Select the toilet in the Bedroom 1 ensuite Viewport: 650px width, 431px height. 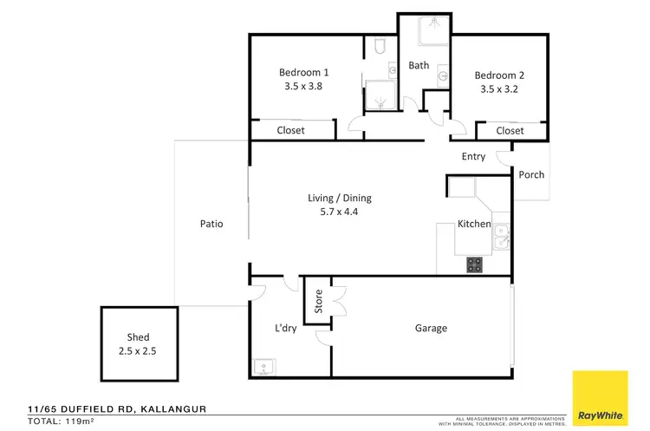tap(380, 46)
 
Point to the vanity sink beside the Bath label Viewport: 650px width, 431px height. tap(444, 75)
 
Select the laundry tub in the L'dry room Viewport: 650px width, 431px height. tap(263, 367)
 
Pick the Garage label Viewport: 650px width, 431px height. tap(431, 328)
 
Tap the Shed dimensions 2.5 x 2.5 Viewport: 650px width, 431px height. tap(138, 351)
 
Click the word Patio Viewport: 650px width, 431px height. tap(211, 224)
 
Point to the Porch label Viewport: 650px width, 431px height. tap(531, 174)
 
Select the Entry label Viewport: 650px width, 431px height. tap(473, 156)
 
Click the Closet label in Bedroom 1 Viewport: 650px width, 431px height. tap(290, 131)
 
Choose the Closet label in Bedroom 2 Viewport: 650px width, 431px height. tap(510, 131)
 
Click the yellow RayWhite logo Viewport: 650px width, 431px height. tap(600, 397)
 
